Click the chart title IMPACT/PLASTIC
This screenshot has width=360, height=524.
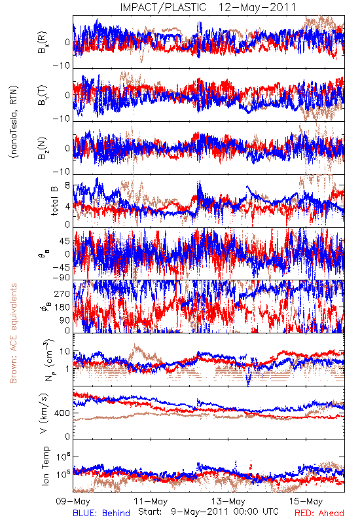163,7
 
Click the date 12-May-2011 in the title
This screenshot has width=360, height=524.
257,7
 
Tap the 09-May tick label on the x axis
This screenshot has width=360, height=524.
73,502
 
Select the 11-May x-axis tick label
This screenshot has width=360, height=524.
151,502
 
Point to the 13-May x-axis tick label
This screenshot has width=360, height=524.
228,502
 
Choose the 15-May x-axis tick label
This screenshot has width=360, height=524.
306,502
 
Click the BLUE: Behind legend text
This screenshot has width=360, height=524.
101,513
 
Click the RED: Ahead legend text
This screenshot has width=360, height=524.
319,513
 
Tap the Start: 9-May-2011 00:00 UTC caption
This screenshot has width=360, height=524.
208,512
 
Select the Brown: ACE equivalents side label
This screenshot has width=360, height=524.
13,333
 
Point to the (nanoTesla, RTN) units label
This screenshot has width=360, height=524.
14,122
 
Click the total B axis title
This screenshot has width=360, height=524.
54,200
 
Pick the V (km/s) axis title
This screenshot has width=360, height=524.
44,413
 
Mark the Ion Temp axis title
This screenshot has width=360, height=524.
45,466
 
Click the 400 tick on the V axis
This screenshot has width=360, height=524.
62,413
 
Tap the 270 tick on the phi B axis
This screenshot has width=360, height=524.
62,293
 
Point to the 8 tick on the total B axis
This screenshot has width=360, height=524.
67,185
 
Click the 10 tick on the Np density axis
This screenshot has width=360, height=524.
65,352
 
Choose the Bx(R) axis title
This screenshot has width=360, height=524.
43,43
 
